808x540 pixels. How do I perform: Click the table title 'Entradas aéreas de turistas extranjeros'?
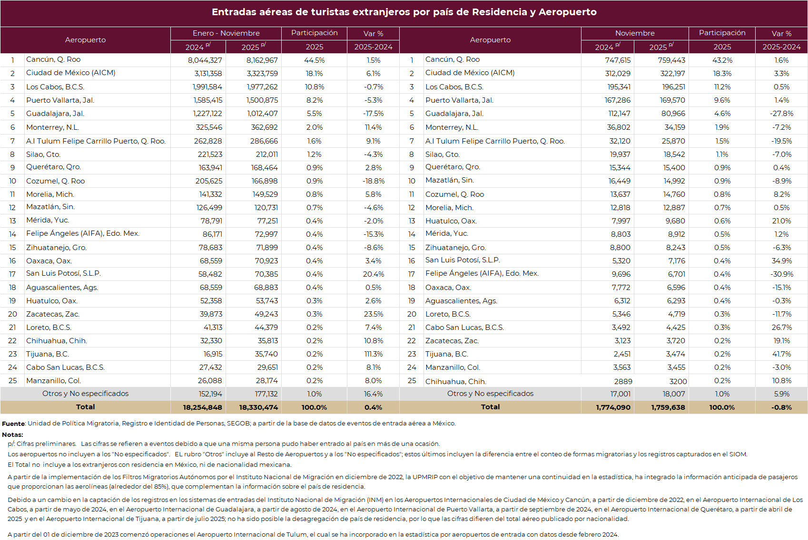404,12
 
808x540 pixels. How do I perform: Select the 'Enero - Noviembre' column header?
226,33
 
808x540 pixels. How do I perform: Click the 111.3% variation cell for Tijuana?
374,354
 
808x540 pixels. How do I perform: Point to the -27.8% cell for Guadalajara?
781,114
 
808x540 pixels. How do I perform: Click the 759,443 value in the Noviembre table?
671,60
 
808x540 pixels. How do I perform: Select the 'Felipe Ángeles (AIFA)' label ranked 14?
83,233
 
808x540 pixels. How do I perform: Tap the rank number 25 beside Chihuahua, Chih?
412,381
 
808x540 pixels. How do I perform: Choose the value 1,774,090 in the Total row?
613,407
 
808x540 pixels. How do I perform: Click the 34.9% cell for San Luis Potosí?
781,261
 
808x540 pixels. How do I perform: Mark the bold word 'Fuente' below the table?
13,424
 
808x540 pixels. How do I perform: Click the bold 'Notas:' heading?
12,434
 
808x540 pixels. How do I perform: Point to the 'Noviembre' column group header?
635,33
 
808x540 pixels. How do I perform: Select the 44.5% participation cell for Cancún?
314,60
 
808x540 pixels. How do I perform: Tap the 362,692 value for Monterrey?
264,127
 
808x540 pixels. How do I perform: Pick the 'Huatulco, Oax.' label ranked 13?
451,221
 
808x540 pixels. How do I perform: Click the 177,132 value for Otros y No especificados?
266,394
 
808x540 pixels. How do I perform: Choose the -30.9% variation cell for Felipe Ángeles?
781,274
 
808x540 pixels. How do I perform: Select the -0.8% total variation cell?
781,407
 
